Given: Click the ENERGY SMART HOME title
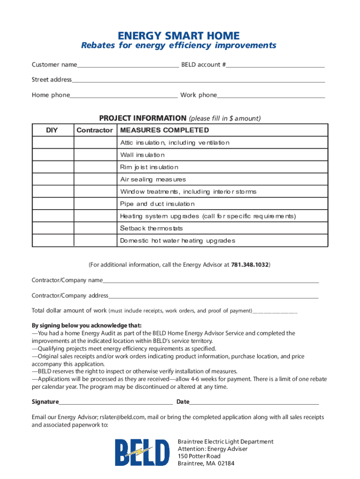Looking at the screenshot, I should pyautogui.click(x=179, y=36).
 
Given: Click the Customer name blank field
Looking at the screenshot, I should pyautogui.click(x=128, y=65).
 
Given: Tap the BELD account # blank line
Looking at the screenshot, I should pyautogui.click(x=275, y=65).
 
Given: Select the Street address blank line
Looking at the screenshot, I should pyautogui.click(x=198, y=80).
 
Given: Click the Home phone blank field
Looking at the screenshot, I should pyautogui.click(x=123, y=95).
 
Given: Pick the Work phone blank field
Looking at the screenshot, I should pyautogui.click(x=271, y=95).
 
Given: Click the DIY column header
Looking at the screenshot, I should pyautogui.click(x=52, y=130).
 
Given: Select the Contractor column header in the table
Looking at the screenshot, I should pyautogui.click(x=94, y=130).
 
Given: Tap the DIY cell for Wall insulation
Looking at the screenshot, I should pyautogui.click(x=52, y=155).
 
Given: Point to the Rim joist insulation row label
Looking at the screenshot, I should pyautogui.click(x=149, y=167).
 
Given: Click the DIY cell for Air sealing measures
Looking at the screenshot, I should pyautogui.click(x=52, y=179).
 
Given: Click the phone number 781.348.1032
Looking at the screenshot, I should pyautogui.click(x=250, y=265).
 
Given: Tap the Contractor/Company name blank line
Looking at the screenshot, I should pyautogui.click(x=210, y=281).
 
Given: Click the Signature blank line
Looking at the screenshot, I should pyautogui.click(x=116, y=402).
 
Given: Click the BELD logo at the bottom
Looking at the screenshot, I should pyautogui.click(x=143, y=453).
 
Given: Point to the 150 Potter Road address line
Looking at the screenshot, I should pyautogui.click(x=199, y=456).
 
